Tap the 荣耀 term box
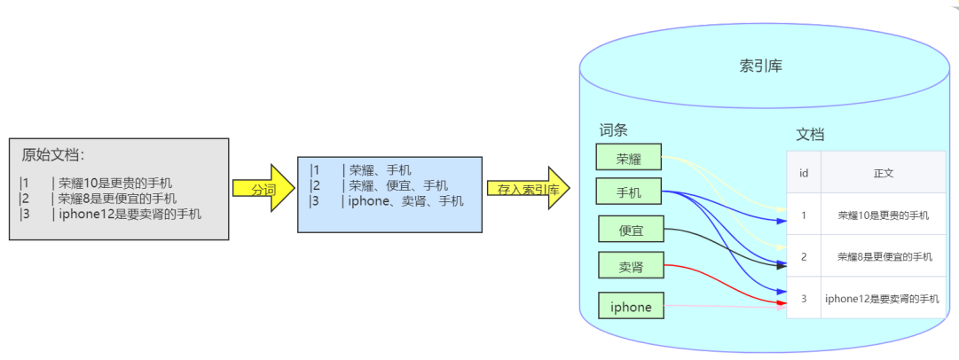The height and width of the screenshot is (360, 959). (629, 156)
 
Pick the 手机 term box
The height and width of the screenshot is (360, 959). (629, 192)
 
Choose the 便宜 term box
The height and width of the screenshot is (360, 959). (631, 229)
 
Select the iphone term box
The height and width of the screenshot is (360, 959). (631, 306)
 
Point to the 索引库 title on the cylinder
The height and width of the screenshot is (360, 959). (761, 66)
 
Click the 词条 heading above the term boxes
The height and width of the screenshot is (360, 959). (613, 129)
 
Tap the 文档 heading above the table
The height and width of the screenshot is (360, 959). (810, 135)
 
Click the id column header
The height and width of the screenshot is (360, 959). (804, 172)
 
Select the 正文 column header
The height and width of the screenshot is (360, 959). (884, 172)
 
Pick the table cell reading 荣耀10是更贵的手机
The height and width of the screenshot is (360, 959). (884, 215)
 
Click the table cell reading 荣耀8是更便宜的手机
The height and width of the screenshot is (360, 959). (884, 257)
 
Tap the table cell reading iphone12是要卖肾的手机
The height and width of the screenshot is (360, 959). (884, 298)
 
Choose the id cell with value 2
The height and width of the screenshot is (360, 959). (804, 257)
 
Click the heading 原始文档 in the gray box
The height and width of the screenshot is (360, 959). (52, 154)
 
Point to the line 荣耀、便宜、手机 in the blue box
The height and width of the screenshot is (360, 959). (398, 185)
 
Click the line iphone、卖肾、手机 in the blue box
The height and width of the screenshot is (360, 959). (406, 200)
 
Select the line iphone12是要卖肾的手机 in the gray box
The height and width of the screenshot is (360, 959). (130, 214)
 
